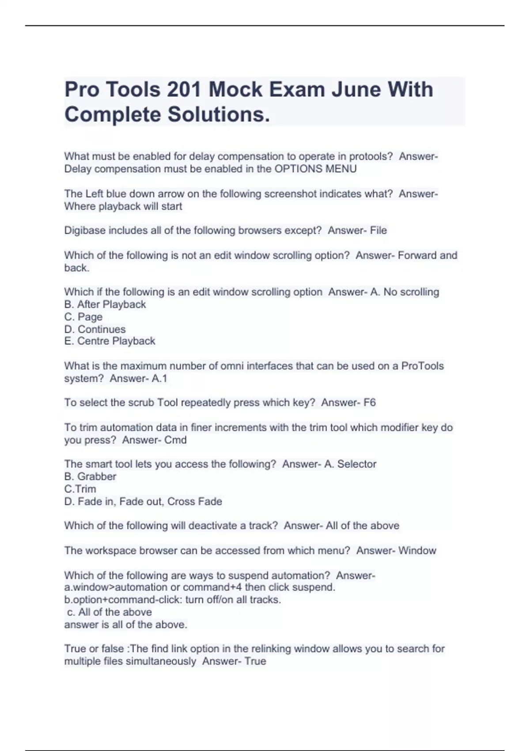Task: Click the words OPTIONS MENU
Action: point(315,169)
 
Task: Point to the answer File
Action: point(378,231)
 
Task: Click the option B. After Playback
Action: point(105,304)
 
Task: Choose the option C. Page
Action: point(83,317)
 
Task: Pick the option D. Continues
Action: point(95,329)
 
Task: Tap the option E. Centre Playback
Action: point(110,341)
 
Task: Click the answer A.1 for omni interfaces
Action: point(159,379)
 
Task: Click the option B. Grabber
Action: point(90,477)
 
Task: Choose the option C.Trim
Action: point(80,489)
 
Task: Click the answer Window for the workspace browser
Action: point(417,550)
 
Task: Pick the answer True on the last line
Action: point(255,661)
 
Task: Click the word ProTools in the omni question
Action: point(422,366)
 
